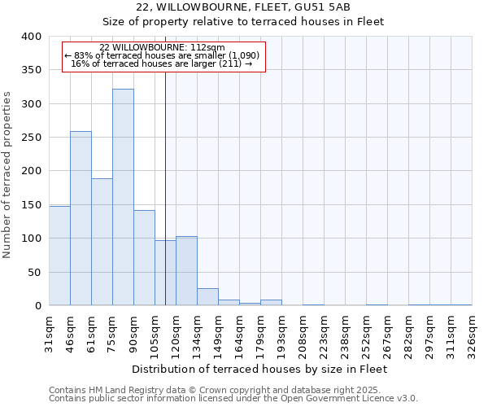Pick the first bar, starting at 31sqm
59,256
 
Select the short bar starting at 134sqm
207,297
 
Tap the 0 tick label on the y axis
37,306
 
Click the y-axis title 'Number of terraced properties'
8,174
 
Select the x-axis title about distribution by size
259,369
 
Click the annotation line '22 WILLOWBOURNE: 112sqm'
163,48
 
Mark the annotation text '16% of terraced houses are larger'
163,63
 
